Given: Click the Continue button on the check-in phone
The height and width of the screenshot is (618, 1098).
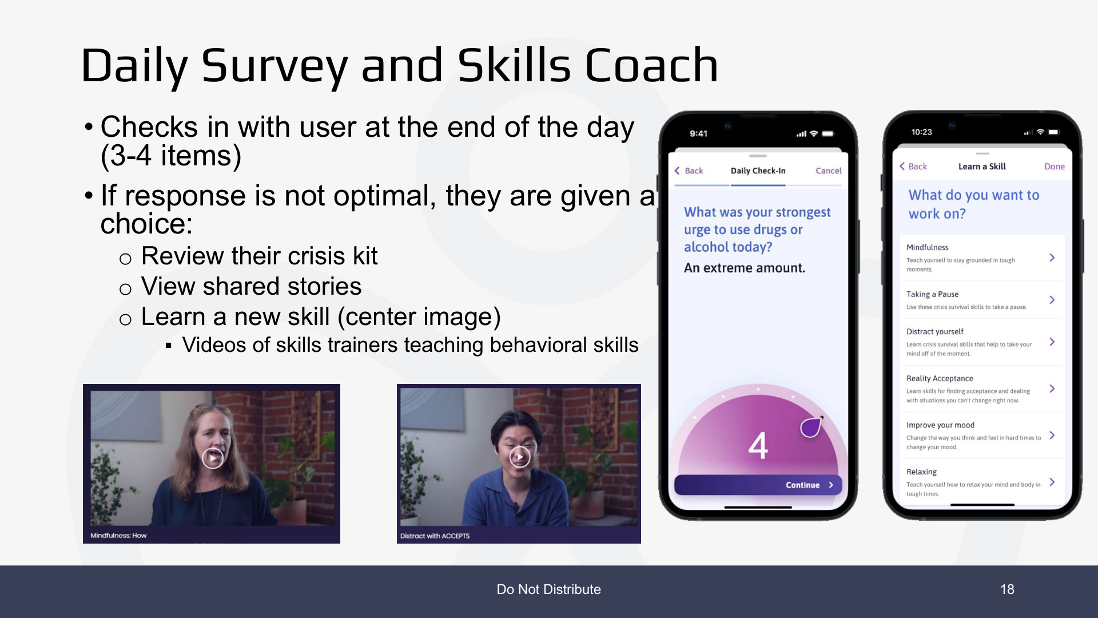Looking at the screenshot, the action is (758, 485).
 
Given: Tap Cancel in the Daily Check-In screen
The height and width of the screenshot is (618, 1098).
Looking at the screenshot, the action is (828, 171).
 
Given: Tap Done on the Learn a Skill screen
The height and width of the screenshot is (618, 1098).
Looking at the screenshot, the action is (1055, 167).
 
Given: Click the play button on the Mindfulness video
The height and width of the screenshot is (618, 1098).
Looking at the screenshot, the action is (213, 457).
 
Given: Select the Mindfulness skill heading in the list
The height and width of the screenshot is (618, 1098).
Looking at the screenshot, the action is (927, 247).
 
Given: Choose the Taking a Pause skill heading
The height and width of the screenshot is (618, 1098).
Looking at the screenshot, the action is (932, 294).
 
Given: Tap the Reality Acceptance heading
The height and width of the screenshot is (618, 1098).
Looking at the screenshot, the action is (940, 378).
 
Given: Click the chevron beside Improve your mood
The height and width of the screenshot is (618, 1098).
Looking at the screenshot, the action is (1052, 435).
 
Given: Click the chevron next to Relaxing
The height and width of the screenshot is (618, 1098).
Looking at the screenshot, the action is (1052, 482).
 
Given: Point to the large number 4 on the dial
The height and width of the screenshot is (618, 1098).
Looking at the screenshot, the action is (758, 446).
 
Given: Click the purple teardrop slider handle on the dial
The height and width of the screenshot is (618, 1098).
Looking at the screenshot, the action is (811, 427).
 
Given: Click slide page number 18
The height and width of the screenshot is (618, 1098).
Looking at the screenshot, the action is (1007, 589).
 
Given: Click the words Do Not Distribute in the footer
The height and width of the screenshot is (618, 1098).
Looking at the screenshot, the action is (548, 589).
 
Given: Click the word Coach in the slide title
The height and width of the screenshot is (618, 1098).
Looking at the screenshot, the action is (651, 65).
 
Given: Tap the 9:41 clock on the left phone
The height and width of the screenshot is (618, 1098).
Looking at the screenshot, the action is (698, 133).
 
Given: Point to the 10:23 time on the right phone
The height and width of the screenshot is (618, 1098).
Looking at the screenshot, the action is (921, 132).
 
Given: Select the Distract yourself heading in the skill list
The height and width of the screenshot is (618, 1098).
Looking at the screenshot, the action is (934, 331).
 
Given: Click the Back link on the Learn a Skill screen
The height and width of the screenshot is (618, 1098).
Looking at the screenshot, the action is (913, 167).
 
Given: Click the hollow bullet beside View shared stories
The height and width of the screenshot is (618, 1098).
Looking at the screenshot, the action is (125, 289).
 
